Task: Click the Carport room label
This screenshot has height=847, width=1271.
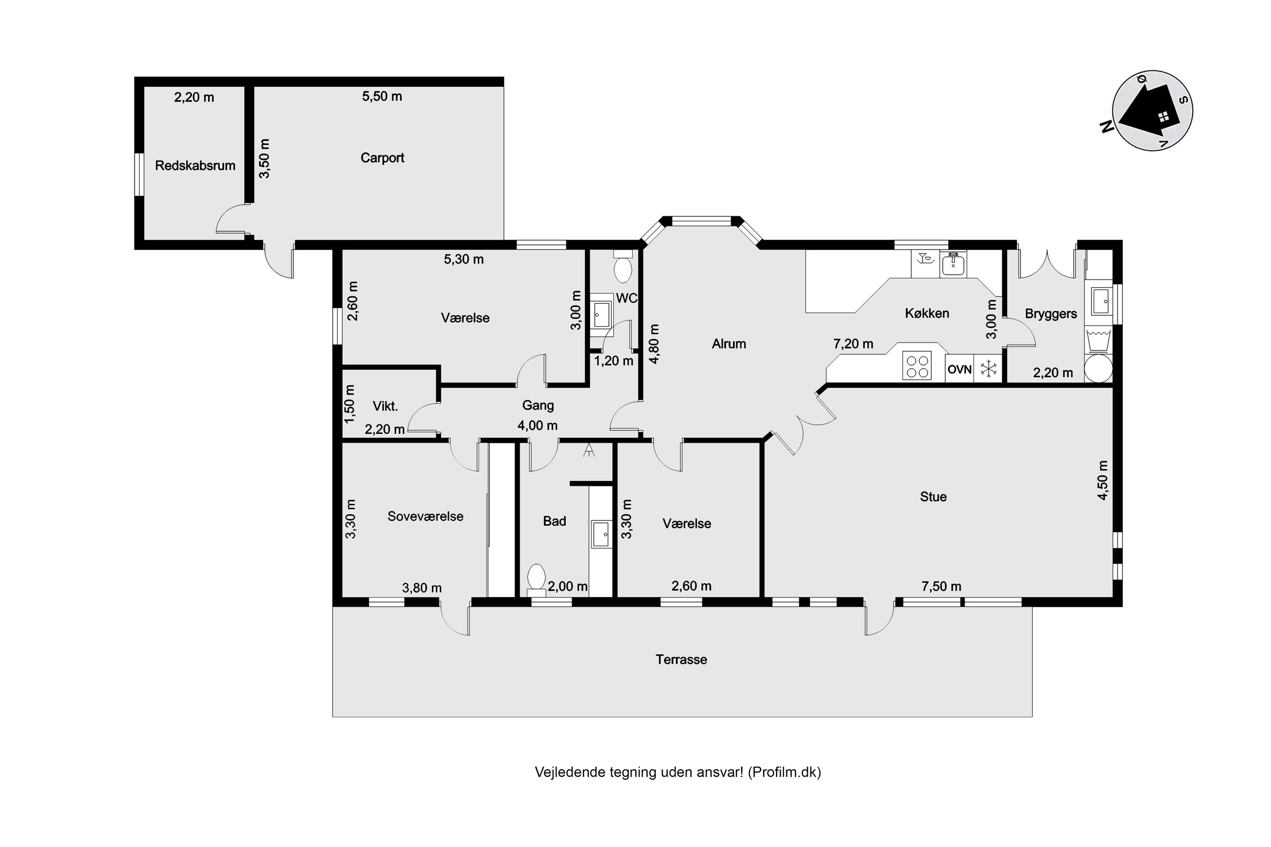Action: [x=382, y=158]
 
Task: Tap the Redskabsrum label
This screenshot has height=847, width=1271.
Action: [x=195, y=165]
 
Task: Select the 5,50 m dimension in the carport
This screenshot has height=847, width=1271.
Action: [x=382, y=96]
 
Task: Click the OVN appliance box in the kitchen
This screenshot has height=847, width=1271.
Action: [x=959, y=369]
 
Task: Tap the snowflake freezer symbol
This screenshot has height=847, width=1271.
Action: [x=988, y=369]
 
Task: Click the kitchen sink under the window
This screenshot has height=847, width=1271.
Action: [x=953, y=265]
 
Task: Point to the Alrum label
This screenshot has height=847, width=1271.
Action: [x=728, y=343]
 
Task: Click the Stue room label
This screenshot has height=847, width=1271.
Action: [x=933, y=496]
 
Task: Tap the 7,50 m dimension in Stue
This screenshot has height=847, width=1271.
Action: [x=941, y=586]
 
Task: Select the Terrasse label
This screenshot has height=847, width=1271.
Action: [x=681, y=659]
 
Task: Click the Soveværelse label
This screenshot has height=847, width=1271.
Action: [x=425, y=516]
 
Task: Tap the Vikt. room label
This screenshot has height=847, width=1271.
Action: [x=385, y=406]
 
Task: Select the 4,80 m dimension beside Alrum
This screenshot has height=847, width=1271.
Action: [x=655, y=343]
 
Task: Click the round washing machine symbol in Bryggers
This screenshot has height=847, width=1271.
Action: [x=1098, y=368]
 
